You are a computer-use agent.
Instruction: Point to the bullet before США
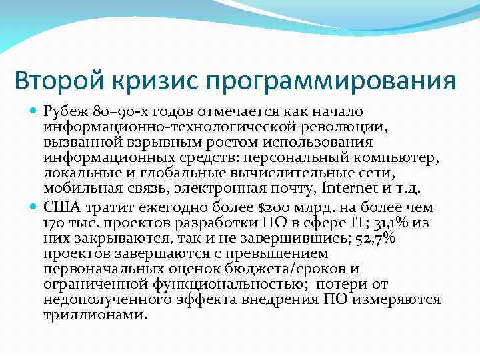click(33, 207)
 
